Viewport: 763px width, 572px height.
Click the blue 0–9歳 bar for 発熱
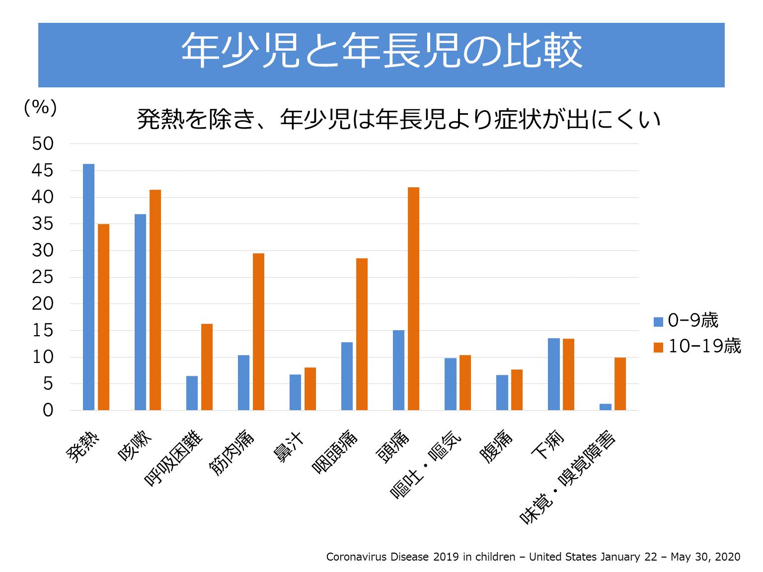pos(88,287)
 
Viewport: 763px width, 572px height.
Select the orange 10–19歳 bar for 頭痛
pos(413,298)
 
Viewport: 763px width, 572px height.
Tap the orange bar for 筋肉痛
pos(258,332)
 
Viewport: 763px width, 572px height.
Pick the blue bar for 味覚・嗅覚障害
pos(605,407)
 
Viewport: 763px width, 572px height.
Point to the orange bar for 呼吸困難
pos(207,367)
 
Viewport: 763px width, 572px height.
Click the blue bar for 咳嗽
pos(140,312)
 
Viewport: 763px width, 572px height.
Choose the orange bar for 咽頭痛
pos(362,334)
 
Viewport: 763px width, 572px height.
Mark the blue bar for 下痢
pos(553,374)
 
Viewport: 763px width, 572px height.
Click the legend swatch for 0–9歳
pos(658,322)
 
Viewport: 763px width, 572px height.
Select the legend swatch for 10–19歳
pos(658,348)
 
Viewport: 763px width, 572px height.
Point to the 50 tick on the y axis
pos(43,144)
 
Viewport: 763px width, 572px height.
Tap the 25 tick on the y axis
pos(43,277)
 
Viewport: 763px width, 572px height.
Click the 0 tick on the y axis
pos(48,410)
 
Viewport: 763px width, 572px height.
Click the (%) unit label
pos(40,107)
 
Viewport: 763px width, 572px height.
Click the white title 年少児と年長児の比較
pos(381,51)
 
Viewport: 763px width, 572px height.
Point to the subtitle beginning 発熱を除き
pos(398,119)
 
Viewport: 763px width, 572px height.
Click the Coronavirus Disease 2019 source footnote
pos(533,557)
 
